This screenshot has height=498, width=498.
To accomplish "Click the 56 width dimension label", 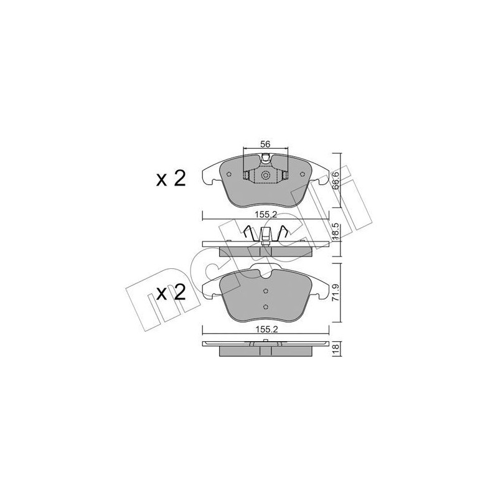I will point(265,144).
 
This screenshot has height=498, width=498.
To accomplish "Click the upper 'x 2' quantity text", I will point(171,179).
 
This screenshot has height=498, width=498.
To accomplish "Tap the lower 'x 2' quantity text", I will point(171,294).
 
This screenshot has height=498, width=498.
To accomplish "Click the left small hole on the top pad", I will point(230,174).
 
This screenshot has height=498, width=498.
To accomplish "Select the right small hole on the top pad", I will point(301,174).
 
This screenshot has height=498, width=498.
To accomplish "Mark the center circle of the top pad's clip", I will point(265,176).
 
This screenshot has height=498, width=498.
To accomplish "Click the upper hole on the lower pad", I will point(265,291).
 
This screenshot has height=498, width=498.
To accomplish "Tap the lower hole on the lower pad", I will point(265,305).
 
